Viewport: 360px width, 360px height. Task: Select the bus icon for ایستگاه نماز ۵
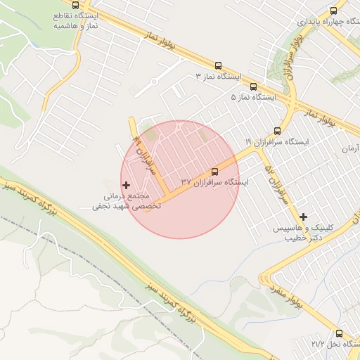tap(252, 86)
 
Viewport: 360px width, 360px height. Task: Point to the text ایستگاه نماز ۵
tap(254, 97)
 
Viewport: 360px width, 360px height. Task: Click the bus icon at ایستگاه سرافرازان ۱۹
tap(277, 131)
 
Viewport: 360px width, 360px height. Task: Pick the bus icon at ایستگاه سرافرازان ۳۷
tap(214, 171)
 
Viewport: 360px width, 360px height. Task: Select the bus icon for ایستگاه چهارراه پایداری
tap(333, 11)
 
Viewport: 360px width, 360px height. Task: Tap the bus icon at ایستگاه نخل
tap(339, 333)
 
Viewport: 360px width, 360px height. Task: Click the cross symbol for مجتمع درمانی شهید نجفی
tap(127, 185)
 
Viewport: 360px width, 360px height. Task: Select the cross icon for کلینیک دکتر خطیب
tap(303, 217)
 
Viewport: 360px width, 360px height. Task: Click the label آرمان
tap(349, 148)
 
